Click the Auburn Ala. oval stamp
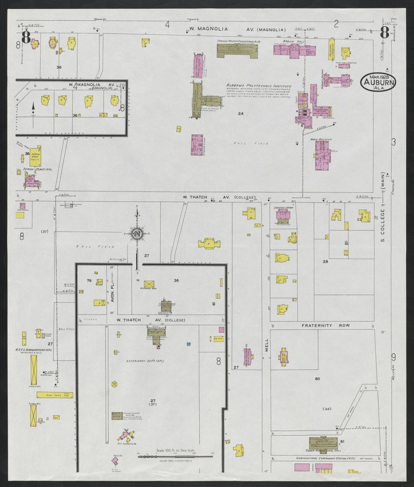click(379, 82)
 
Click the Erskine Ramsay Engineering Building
click(237, 50)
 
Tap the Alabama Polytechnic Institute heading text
click(259, 86)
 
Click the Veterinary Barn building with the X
click(149, 283)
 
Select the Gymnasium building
click(197, 145)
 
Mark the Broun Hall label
click(289, 41)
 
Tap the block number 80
click(317, 379)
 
